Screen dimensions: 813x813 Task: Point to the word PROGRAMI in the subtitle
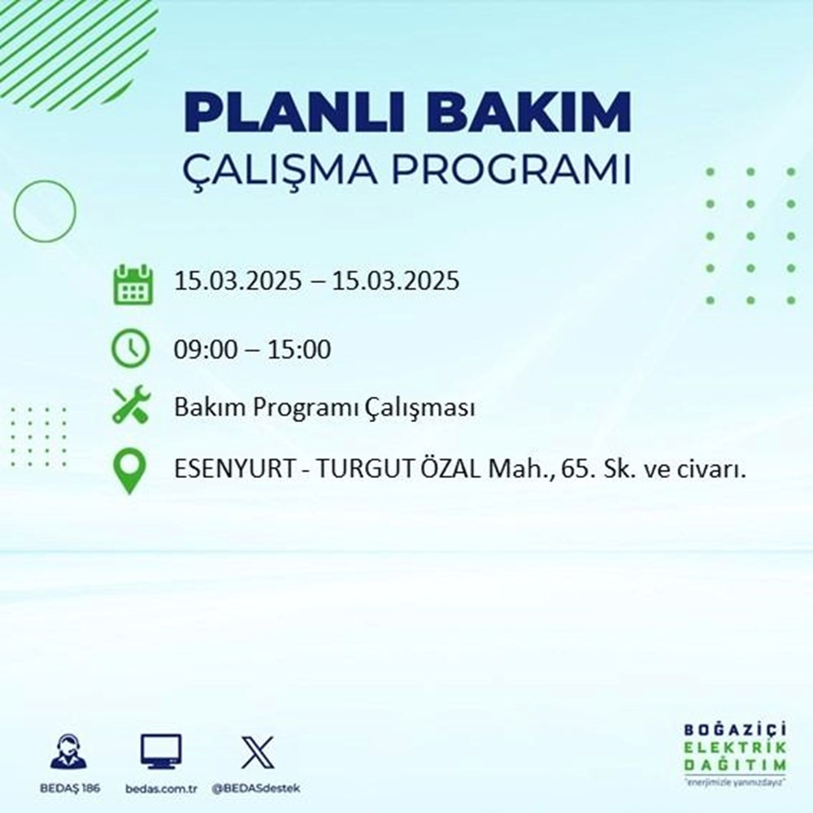pyautogui.click(x=515, y=172)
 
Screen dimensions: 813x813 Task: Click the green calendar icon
pyautogui.click(x=132, y=284)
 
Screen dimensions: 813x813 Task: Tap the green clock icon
pyautogui.click(x=131, y=350)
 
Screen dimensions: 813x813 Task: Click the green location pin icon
pyautogui.click(x=131, y=472)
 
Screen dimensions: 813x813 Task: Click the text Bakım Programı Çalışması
pyautogui.click(x=324, y=407)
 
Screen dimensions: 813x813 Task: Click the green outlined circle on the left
pyautogui.click(x=45, y=211)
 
